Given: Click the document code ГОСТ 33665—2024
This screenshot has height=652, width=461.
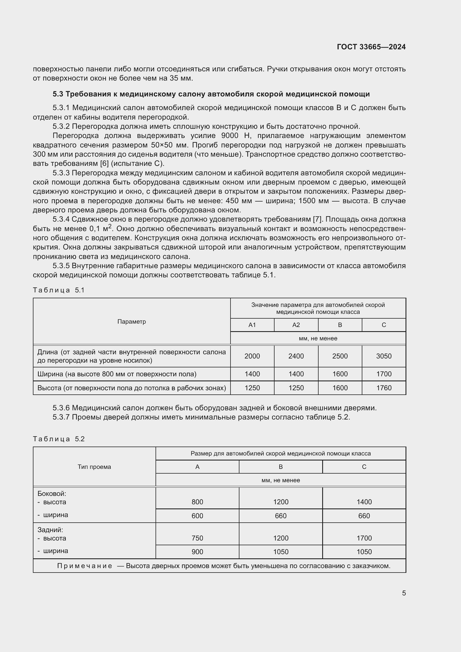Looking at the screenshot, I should [x=371, y=47].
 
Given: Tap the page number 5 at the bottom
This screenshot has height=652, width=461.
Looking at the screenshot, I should [x=404, y=593].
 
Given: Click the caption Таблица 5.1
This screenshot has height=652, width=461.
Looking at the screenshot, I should [x=59, y=290].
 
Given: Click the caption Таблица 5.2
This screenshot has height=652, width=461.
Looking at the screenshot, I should [x=59, y=439].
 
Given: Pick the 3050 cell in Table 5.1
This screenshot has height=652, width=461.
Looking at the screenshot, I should [x=384, y=356].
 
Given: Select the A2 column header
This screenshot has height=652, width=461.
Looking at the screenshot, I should [x=296, y=325].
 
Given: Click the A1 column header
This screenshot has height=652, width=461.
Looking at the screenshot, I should [x=252, y=325].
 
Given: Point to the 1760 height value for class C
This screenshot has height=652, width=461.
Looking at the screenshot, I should [x=384, y=388].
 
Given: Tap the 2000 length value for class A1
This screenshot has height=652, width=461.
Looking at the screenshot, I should [x=252, y=356].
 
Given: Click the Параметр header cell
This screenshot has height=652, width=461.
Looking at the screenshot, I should [x=132, y=322].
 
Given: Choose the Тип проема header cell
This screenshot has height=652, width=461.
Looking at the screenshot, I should [x=94, y=467].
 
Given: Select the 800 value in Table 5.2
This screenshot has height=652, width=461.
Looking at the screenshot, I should [x=197, y=502].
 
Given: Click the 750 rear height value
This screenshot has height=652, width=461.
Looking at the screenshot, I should [x=197, y=538].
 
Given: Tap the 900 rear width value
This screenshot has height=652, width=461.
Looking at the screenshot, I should [x=197, y=552].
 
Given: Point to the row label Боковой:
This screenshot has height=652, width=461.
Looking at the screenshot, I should [x=52, y=494].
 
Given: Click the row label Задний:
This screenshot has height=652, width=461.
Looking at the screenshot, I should [x=50, y=530].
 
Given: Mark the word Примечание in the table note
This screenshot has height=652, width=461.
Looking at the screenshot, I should [x=84, y=566].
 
